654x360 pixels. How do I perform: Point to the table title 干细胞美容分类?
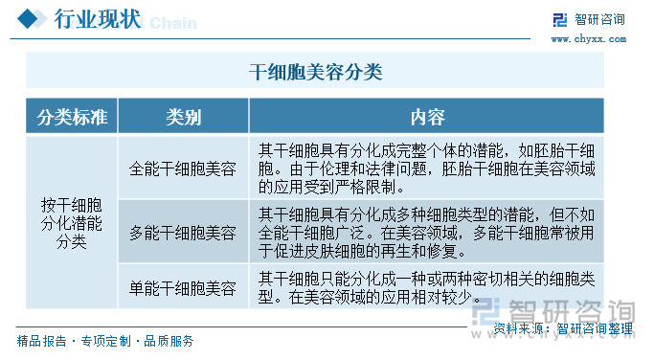[x=315, y=71]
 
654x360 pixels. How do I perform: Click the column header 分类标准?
[x=71, y=117]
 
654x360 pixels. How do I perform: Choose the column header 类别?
[x=183, y=117]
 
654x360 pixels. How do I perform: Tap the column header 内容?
[x=427, y=117]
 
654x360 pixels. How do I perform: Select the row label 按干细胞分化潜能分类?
[x=71, y=222]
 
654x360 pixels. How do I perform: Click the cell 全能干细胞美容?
[x=183, y=169]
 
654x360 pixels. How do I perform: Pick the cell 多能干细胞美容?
[x=183, y=232]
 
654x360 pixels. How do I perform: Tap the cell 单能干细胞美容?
[x=183, y=287]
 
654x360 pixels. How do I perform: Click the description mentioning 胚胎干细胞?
[x=427, y=169]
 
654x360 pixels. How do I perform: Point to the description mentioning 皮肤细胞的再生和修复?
[x=427, y=232]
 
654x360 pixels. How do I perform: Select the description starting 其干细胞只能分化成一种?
[x=427, y=287]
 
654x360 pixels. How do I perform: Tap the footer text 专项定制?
[x=105, y=341]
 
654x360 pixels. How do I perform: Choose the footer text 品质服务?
[x=169, y=341]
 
